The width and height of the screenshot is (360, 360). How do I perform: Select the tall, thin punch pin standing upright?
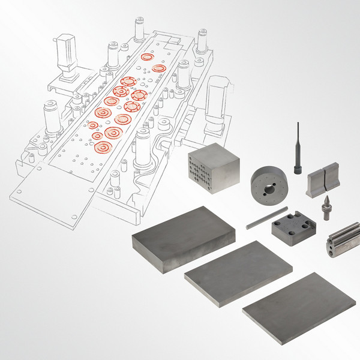297,147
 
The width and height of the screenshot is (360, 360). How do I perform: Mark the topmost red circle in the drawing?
146,57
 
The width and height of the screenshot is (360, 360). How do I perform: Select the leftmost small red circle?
93,125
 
